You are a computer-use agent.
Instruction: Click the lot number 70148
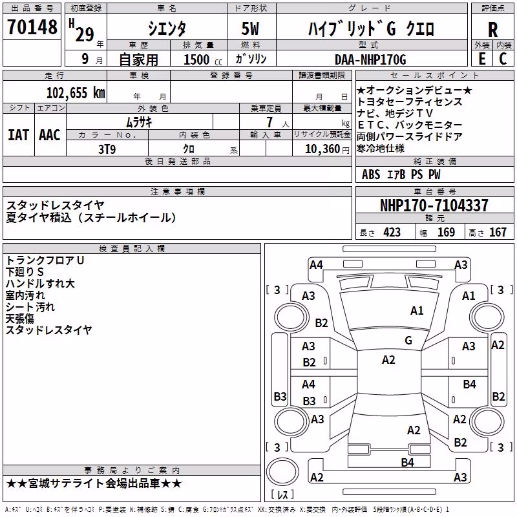click(32, 26)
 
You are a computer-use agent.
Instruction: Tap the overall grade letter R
click(492, 30)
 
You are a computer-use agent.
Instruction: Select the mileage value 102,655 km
click(76, 93)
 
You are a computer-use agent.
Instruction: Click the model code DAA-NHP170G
click(370, 59)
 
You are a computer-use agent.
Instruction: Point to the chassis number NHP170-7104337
click(434, 206)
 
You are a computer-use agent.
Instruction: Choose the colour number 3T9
click(107, 149)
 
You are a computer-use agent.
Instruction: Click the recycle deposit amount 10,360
click(322, 149)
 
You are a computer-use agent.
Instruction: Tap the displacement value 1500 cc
click(203, 59)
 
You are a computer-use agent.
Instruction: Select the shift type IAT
click(19, 135)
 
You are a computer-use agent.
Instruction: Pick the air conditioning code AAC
click(50, 135)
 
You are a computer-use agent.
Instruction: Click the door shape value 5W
click(250, 28)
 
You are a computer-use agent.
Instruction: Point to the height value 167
click(498, 232)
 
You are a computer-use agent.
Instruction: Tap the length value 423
click(392, 232)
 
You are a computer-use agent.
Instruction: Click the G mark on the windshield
click(408, 341)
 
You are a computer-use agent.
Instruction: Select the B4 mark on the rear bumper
click(408, 463)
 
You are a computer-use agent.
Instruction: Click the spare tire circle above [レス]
click(282, 472)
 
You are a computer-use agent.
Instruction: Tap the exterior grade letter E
click(482, 59)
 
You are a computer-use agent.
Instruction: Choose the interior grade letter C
click(503, 59)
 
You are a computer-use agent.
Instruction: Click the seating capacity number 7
click(269, 122)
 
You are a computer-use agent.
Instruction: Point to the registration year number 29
click(85, 34)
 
